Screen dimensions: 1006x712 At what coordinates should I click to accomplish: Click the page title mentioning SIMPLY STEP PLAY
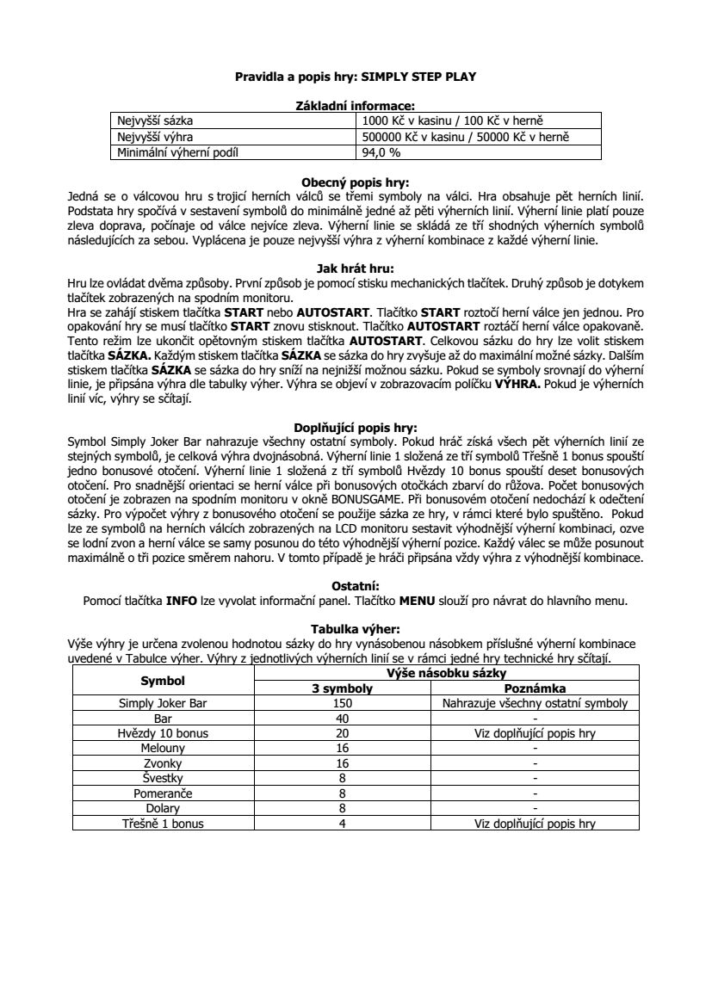click(x=356, y=77)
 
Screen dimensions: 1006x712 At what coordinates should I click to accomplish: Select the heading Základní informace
click(x=356, y=106)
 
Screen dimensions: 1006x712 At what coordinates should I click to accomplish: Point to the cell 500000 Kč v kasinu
click(x=466, y=138)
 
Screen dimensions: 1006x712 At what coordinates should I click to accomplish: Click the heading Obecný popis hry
click(x=356, y=182)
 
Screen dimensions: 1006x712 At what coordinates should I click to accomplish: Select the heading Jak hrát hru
click(x=356, y=268)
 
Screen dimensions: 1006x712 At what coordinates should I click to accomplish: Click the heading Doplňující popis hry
click(x=356, y=426)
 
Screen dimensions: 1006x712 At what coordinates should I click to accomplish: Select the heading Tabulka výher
click(x=356, y=629)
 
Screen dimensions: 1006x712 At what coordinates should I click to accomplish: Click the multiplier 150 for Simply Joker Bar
click(x=342, y=703)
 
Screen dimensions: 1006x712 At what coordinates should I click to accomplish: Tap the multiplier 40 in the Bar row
click(x=342, y=719)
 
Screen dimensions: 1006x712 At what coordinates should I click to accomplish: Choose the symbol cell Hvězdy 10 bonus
click(x=163, y=733)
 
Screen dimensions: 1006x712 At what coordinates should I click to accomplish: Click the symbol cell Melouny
click(x=163, y=749)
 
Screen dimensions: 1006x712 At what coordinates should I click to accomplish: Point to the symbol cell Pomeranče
click(x=163, y=793)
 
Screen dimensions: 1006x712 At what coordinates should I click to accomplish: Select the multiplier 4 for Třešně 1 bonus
click(x=342, y=824)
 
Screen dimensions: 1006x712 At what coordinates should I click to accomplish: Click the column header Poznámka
click(x=535, y=688)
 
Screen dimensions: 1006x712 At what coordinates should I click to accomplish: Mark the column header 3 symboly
click(x=342, y=688)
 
